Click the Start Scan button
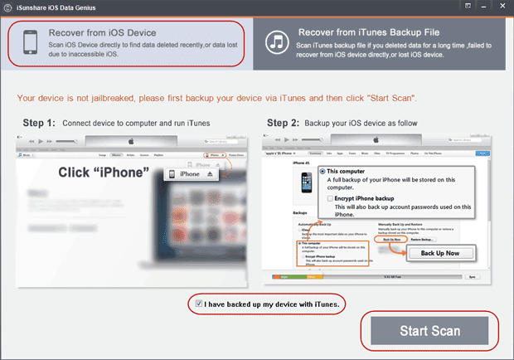point(429,331)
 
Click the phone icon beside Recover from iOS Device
point(31,41)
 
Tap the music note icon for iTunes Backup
point(279,42)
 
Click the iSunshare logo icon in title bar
point(10,7)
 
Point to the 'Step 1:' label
point(36,123)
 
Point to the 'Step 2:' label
point(287,123)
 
